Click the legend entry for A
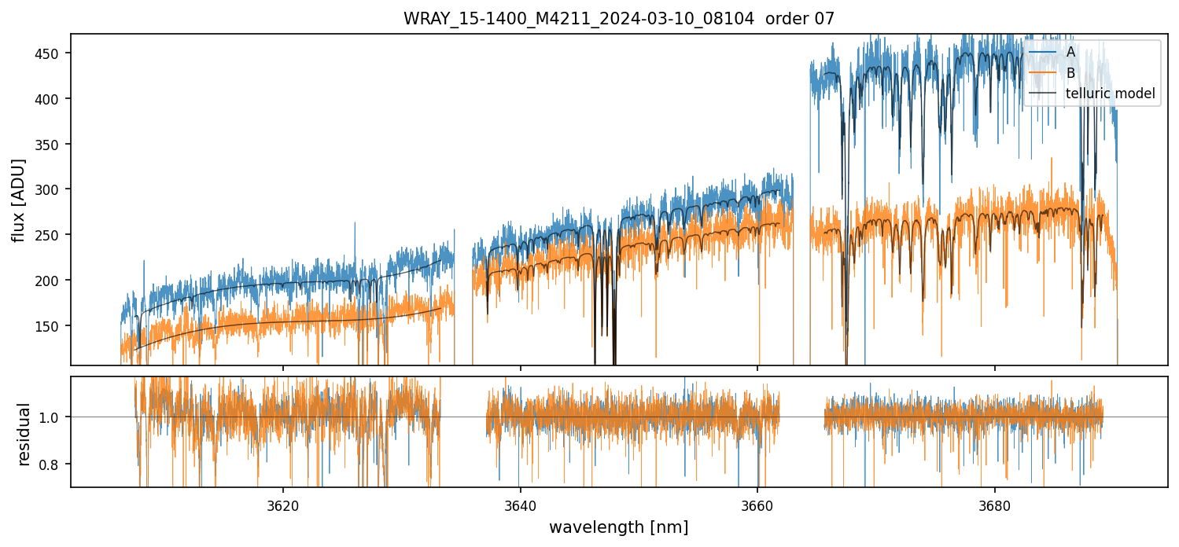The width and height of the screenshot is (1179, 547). point(1070,53)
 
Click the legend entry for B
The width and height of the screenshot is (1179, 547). point(1070,73)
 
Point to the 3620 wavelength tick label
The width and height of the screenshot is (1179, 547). point(283,503)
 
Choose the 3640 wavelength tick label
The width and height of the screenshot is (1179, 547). point(521,503)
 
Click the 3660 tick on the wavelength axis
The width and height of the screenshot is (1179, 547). point(757,503)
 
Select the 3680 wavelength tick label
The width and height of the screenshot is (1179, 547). point(995,503)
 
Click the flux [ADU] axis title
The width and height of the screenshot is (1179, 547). point(18,200)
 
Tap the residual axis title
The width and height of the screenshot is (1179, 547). point(24,433)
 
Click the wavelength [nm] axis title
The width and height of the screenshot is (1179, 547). point(618,527)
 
